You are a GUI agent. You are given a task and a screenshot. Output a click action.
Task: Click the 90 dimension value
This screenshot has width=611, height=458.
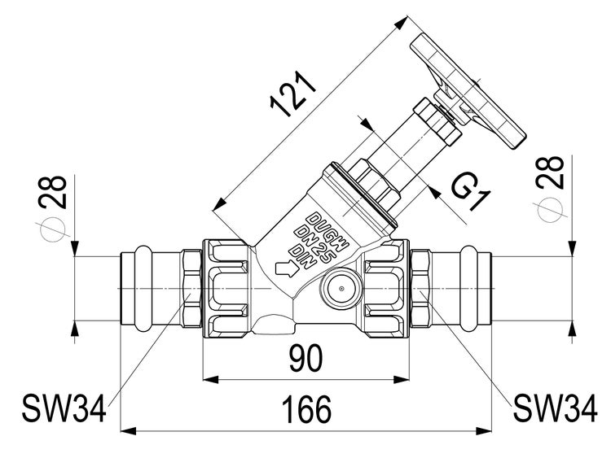(305, 356)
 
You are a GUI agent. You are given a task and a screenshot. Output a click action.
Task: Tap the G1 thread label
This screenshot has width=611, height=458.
(471, 193)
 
